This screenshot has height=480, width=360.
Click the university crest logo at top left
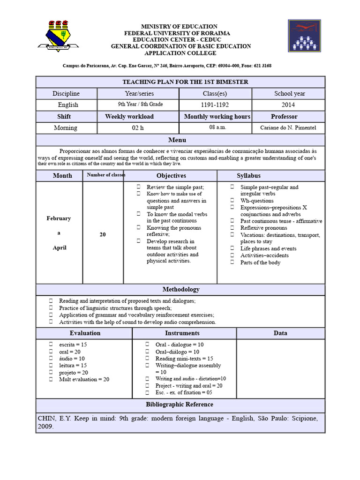click(x=59, y=36)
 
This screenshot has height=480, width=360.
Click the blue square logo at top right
click(x=304, y=36)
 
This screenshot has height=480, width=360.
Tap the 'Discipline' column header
click(x=66, y=94)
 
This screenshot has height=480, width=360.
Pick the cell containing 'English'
click(x=68, y=105)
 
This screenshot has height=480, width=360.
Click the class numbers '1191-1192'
click(x=215, y=105)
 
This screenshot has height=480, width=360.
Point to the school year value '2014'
click(x=288, y=105)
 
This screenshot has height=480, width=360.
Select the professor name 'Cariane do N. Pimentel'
click(x=288, y=127)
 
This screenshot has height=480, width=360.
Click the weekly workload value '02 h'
click(x=138, y=127)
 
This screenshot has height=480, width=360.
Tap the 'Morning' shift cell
click(x=66, y=127)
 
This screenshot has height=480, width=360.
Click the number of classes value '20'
click(x=103, y=234)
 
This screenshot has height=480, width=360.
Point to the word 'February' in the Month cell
click(x=59, y=218)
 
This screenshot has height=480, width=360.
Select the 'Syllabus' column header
click(x=248, y=176)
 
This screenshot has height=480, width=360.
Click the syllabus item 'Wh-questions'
click(x=257, y=201)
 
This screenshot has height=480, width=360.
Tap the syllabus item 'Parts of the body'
click(x=260, y=262)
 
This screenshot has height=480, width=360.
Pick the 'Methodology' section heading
click(x=181, y=290)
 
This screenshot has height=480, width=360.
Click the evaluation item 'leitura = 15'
click(x=73, y=365)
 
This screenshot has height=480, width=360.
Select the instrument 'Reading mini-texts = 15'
click(x=184, y=359)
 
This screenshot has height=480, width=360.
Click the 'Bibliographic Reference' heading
click(x=180, y=405)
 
